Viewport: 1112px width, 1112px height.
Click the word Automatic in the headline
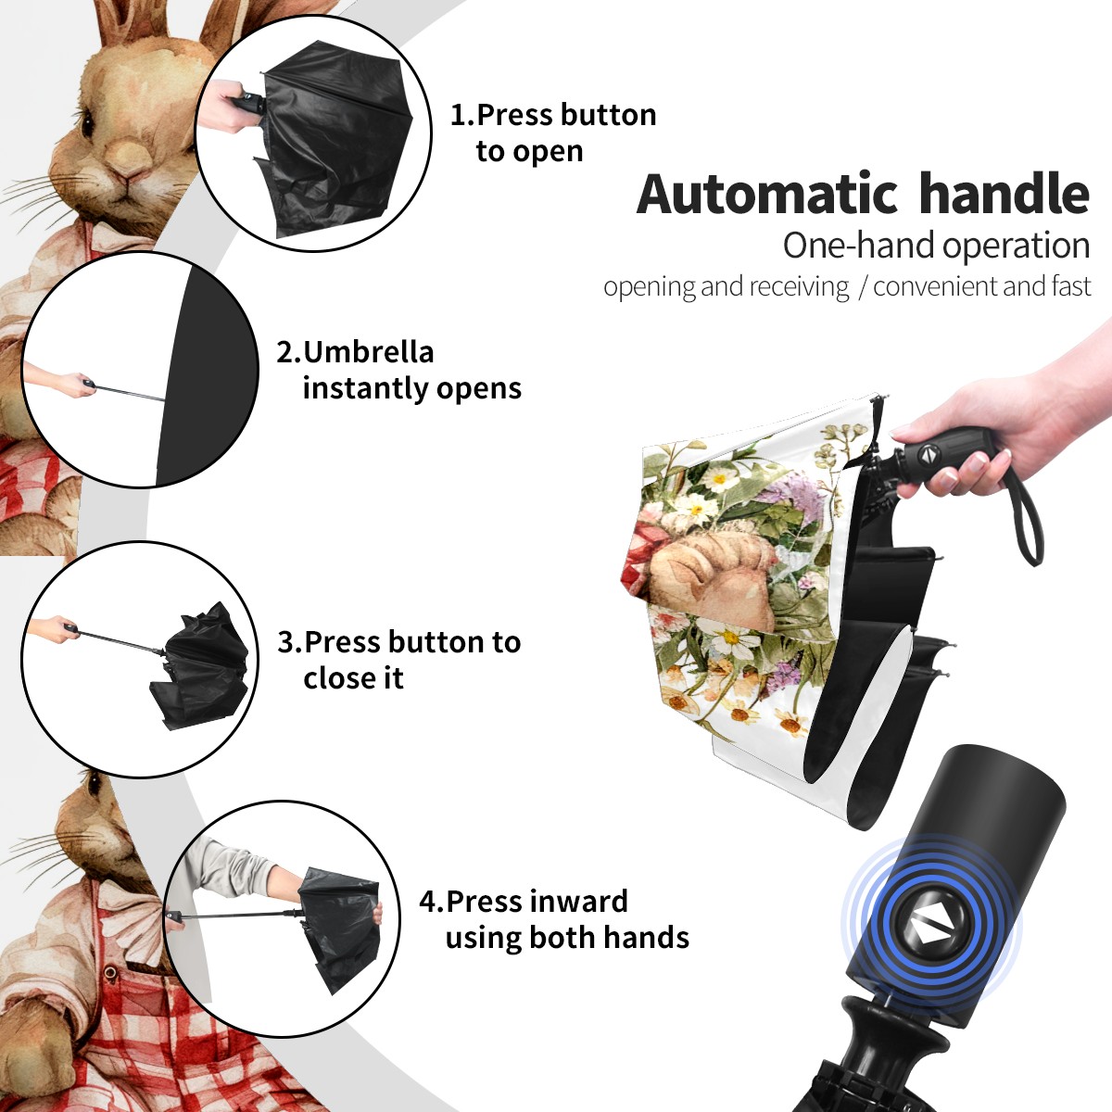767,194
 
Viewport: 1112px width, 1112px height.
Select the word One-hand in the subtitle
859,246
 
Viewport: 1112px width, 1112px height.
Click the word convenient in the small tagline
934,286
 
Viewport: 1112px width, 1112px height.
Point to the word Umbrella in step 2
368,352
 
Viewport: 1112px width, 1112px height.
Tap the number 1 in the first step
458,115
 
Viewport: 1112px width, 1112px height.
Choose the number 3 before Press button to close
286,642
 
